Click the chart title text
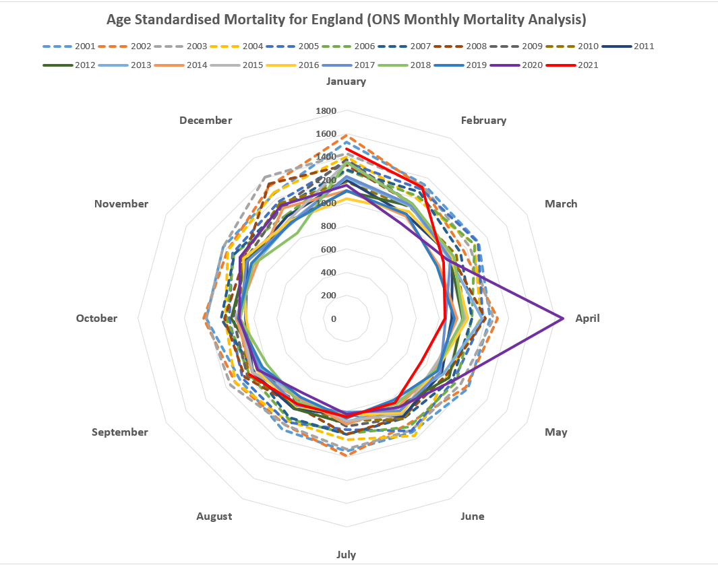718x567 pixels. click(346, 19)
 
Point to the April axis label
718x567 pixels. click(587, 319)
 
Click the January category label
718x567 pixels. click(346, 81)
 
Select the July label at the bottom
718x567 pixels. click(346, 555)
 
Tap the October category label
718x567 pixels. click(96, 319)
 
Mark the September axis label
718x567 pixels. click(119, 432)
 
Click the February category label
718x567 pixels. click(483, 121)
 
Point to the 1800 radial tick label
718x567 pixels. click(326, 111)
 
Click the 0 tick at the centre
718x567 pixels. click(333, 319)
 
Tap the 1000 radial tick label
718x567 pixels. click(326, 203)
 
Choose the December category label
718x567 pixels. click(206, 121)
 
